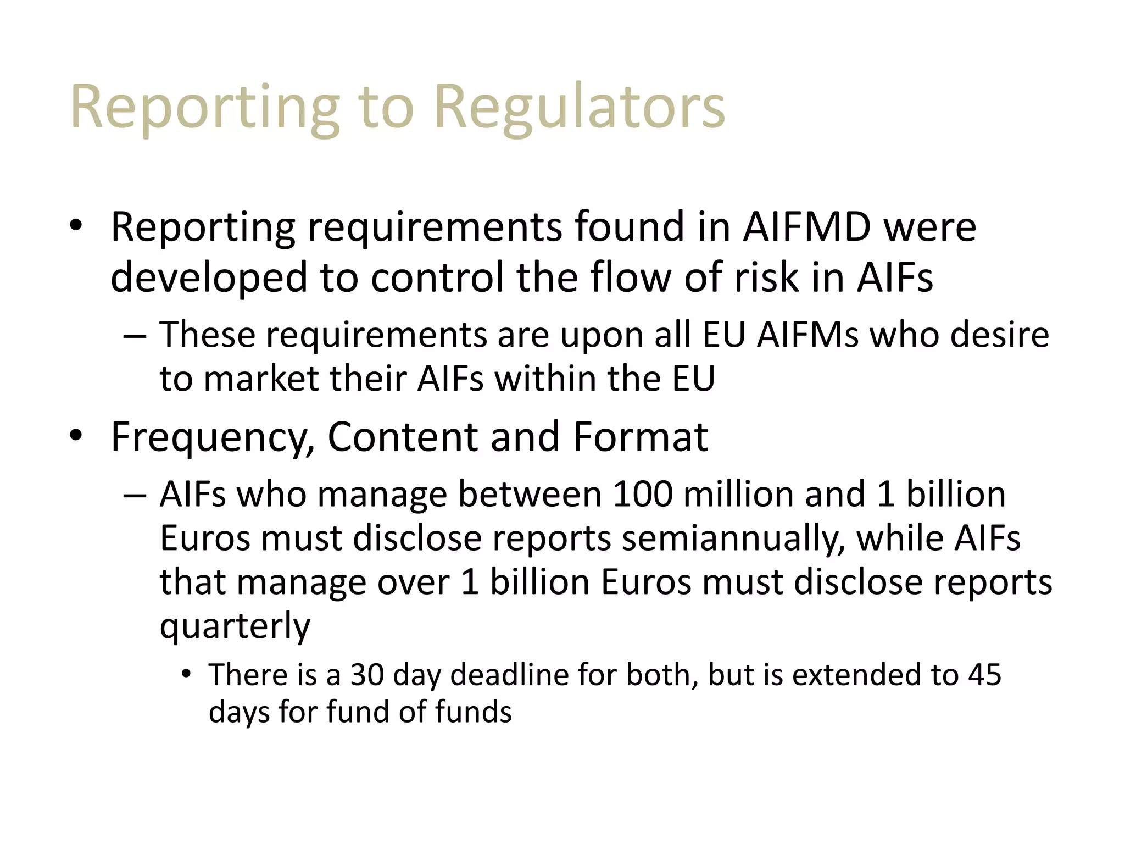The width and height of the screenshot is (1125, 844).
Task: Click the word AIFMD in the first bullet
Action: [807, 227]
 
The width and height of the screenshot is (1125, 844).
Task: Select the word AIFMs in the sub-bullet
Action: [807, 335]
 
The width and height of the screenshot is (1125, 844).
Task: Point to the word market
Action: [261, 379]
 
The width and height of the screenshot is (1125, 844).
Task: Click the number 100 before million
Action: [642, 494]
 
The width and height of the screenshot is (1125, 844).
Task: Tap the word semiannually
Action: [733, 538]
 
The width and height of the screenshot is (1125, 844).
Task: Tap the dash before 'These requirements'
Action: [135, 336]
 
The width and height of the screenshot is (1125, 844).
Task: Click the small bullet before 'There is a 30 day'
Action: [187, 674]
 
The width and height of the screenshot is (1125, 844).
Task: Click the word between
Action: [530, 494]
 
